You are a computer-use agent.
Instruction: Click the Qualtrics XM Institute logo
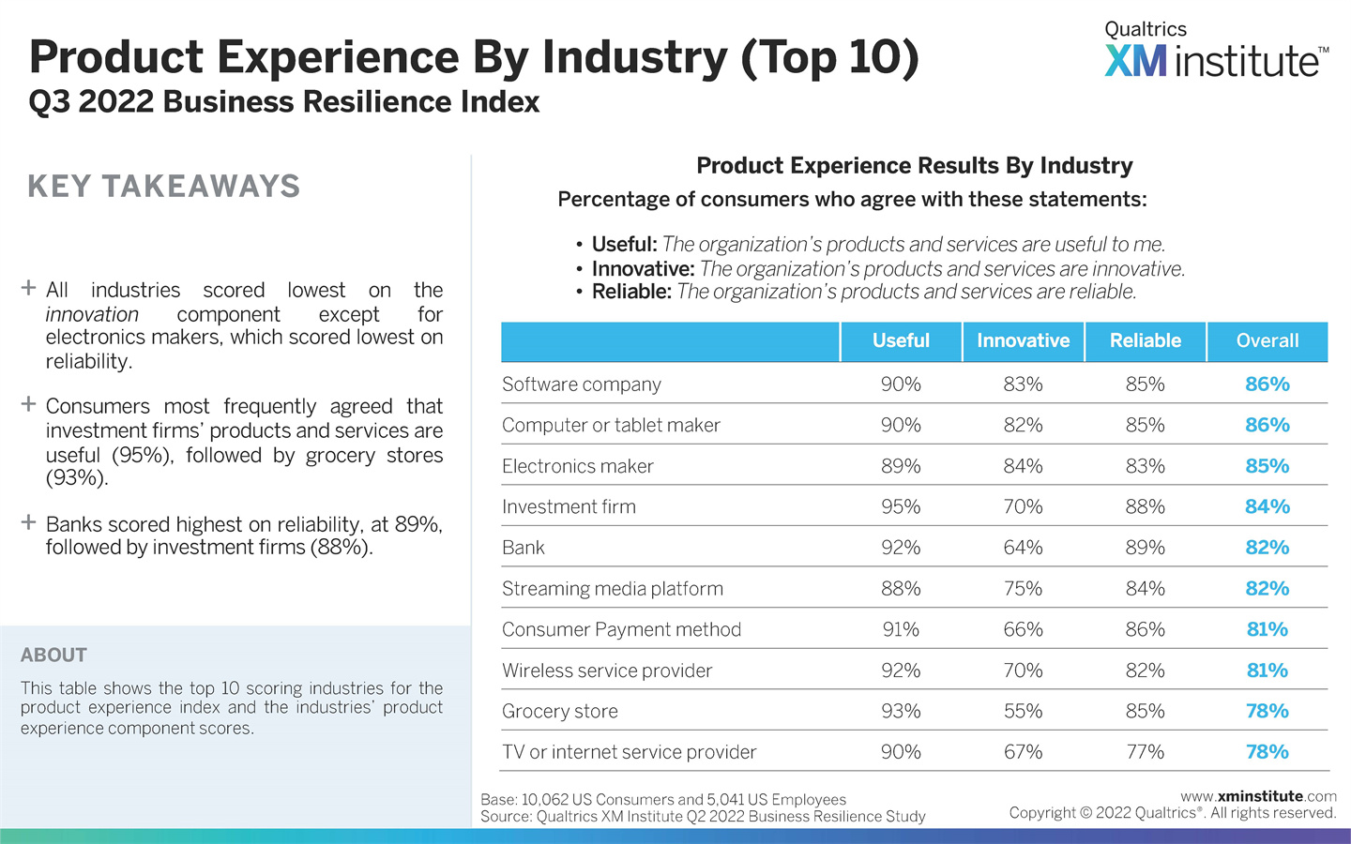coord(1216,51)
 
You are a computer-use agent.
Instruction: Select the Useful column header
coord(901,341)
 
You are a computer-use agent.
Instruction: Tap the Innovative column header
coord(1023,341)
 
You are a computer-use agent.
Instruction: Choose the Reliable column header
coord(1145,341)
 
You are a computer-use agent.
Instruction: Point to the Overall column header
coord(1267,341)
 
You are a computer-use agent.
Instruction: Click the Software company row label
coord(582,384)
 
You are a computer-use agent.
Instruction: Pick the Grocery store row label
coord(560,712)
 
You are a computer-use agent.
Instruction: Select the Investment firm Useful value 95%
coord(901,507)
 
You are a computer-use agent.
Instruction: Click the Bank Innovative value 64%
coord(1023,548)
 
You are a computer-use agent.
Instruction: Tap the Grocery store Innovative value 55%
coord(1023,712)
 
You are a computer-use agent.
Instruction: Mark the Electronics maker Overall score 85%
coord(1267,466)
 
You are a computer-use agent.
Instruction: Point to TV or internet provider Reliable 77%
coord(1145,752)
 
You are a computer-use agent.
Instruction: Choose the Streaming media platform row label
coord(613,589)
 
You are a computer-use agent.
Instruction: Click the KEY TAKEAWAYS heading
coord(164,187)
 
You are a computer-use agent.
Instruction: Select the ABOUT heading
coord(53,656)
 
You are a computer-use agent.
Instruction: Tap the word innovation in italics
coord(92,315)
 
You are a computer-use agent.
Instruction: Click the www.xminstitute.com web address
coord(1258,796)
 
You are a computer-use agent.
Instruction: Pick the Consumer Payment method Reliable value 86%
coord(1145,630)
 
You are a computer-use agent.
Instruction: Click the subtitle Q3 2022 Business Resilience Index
coord(284,102)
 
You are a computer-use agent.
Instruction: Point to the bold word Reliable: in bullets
coord(631,292)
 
